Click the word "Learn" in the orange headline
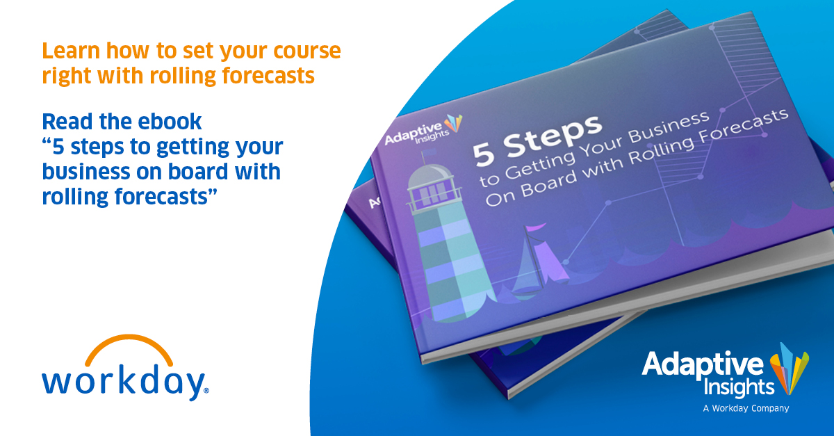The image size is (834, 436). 71,51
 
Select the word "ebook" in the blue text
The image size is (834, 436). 170,122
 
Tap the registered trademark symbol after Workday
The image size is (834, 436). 206,390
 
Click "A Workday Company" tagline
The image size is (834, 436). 746,408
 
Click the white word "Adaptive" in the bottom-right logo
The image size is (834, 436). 703,364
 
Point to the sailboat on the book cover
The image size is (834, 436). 541,260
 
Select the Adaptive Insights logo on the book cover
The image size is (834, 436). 423,130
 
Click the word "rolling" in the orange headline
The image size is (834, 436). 183,76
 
